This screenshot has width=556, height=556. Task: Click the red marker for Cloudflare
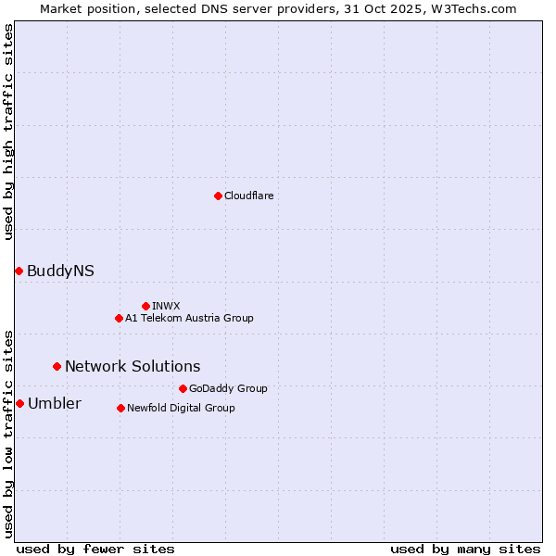click(x=218, y=196)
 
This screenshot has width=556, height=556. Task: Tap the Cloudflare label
click(x=249, y=196)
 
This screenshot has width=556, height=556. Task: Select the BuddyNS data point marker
click(x=19, y=271)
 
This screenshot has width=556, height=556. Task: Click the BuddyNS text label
click(x=60, y=272)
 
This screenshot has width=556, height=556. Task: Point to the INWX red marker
click(x=145, y=306)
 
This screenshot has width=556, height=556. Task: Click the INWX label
click(x=167, y=306)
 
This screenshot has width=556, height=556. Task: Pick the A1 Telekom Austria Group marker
click(x=119, y=318)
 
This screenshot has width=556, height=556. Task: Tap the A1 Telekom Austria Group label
click(x=189, y=318)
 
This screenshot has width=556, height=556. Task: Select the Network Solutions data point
click(x=57, y=366)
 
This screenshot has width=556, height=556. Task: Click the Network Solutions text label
click(x=133, y=367)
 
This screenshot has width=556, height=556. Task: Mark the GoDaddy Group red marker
click(x=183, y=388)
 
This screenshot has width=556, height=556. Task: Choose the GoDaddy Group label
click(x=228, y=388)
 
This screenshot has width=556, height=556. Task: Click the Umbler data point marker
click(x=19, y=403)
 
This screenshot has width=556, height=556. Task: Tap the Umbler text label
click(x=55, y=404)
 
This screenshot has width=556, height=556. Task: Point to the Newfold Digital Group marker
click(x=120, y=408)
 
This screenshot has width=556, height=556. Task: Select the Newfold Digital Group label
click(x=181, y=408)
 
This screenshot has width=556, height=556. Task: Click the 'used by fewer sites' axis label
click(x=95, y=550)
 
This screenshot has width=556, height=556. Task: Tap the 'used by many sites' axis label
click(x=465, y=550)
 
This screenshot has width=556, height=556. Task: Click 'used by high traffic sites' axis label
click(x=9, y=132)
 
